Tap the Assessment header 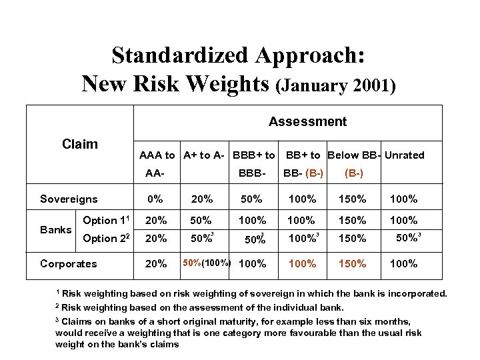click(307, 121)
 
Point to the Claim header click(79, 144)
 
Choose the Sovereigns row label click(69, 199)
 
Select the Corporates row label click(69, 263)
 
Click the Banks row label click(55, 229)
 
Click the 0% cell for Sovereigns click(155, 199)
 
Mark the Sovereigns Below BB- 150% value click(352, 199)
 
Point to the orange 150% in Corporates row click(352, 263)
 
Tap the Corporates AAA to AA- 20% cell click(157, 263)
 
